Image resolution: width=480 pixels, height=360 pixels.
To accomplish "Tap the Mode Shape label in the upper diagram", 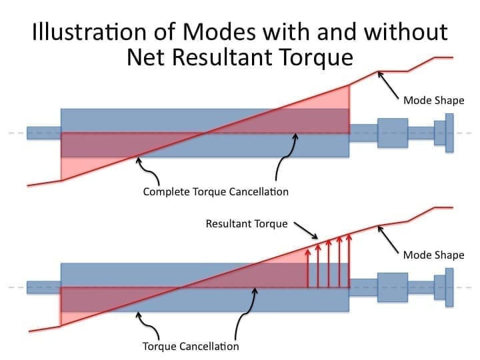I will (x=433, y=101).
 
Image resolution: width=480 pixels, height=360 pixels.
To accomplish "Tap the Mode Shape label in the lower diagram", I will (x=433, y=255).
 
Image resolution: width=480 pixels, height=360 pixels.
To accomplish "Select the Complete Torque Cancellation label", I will (x=216, y=192).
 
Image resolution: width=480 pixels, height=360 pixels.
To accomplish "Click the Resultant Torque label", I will (x=247, y=223).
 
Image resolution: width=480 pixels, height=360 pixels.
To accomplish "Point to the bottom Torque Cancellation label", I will (x=191, y=347).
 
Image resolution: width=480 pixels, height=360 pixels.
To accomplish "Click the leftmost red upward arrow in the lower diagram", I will (x=307, y=267).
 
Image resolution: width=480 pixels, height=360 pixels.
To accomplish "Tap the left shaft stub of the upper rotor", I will (x=44, y=133).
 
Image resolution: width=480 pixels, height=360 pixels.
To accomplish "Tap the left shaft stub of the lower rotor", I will (x=44, y=287).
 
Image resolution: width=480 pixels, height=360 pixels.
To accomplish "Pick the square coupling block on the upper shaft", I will (x=393, y=133).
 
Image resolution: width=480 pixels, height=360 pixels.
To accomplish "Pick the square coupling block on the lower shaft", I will (x=393, y=287).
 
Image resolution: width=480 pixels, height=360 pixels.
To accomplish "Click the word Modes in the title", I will (x=229, y=32).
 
